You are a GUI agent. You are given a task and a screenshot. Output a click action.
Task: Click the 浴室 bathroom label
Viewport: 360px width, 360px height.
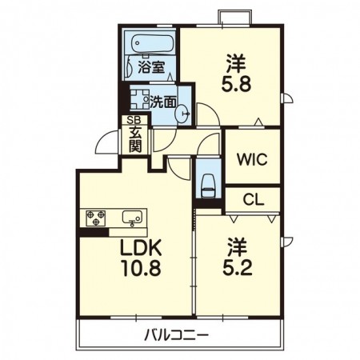pyautogui.click(x=151, y=68)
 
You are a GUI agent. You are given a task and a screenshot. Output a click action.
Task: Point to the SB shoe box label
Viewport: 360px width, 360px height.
pyautogui.click(x=129, y=121)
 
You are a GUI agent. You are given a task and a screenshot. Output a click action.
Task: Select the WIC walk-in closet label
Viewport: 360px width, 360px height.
pyautogui.click(x=251, y=158)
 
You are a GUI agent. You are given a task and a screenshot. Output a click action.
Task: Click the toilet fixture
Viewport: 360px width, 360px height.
pyautogui.click(x=208, y=182)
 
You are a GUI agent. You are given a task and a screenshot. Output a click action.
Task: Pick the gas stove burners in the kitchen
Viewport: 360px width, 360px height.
pyautogui.click(x=96, y=217)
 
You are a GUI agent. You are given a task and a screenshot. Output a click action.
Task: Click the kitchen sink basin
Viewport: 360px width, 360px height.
pyautogui.click(x=132, y=217)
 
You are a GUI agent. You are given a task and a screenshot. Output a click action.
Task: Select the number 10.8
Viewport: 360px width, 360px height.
pyautogui.click(x=141, y=269)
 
